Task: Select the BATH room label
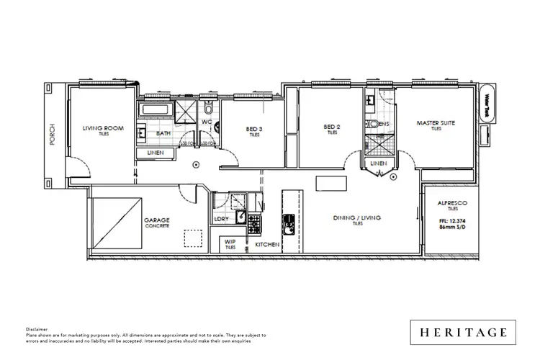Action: click(x=163, y=132)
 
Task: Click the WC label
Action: click(x=205, y=122)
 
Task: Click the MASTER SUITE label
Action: click(x=436, y=123)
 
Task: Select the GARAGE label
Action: click(x=156, y=222)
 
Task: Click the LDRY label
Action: click(x=222, y=220)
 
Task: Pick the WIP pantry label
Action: click(x=230, y=241)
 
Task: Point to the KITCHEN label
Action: click(x=267, y=245)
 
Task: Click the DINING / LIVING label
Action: click(x=356, y=217)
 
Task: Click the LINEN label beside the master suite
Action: click(x=377, y=164)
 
